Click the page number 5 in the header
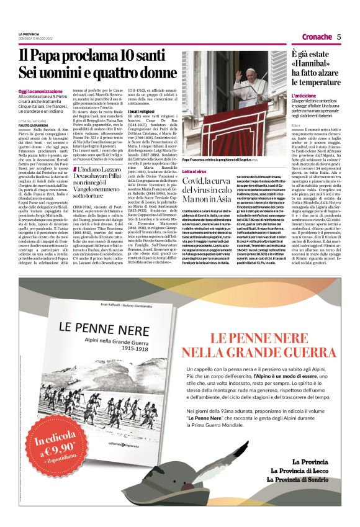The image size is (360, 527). [339, 37]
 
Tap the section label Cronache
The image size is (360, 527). [316, 37]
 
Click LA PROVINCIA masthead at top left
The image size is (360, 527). [29, 34]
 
